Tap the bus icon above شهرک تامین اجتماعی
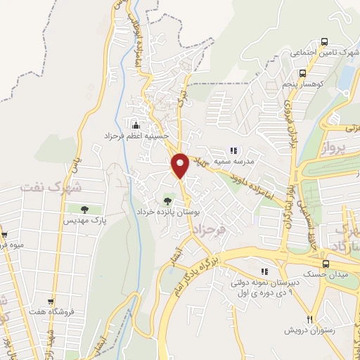(x=323, y=41)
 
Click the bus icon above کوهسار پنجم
(x=302, y=72)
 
